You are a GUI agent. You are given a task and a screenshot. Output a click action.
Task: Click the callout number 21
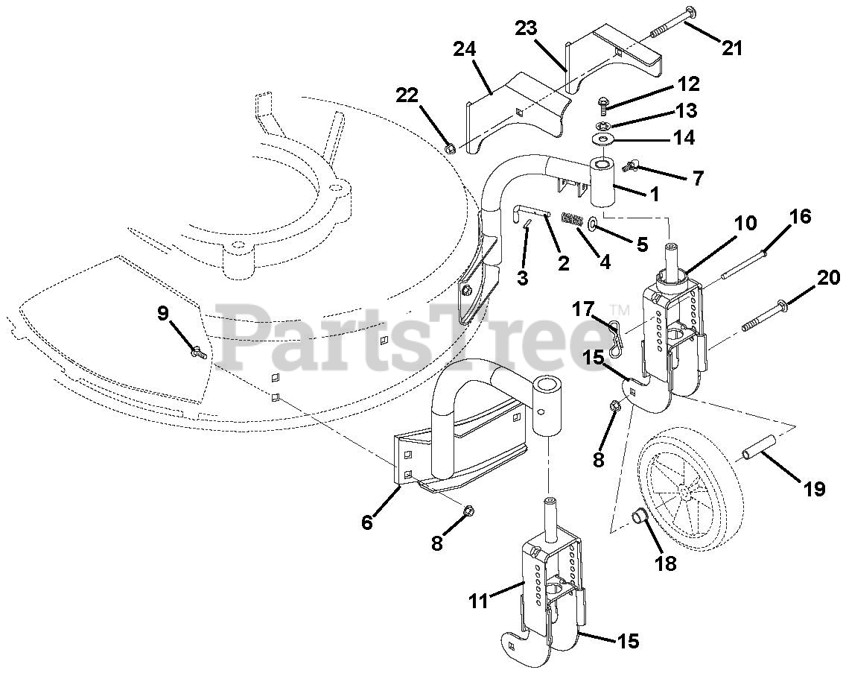click(732, 48)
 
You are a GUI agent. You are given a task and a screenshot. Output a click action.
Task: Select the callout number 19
click(814, 489)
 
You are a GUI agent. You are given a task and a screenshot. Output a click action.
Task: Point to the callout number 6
click(367, 522)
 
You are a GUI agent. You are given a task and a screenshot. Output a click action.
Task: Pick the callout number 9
click(163, 314)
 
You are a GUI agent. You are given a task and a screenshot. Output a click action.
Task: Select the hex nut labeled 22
click(450, 148)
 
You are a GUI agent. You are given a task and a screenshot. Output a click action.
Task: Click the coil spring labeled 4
click(572, 219)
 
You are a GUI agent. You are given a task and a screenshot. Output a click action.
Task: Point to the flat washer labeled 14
click(602, 139)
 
